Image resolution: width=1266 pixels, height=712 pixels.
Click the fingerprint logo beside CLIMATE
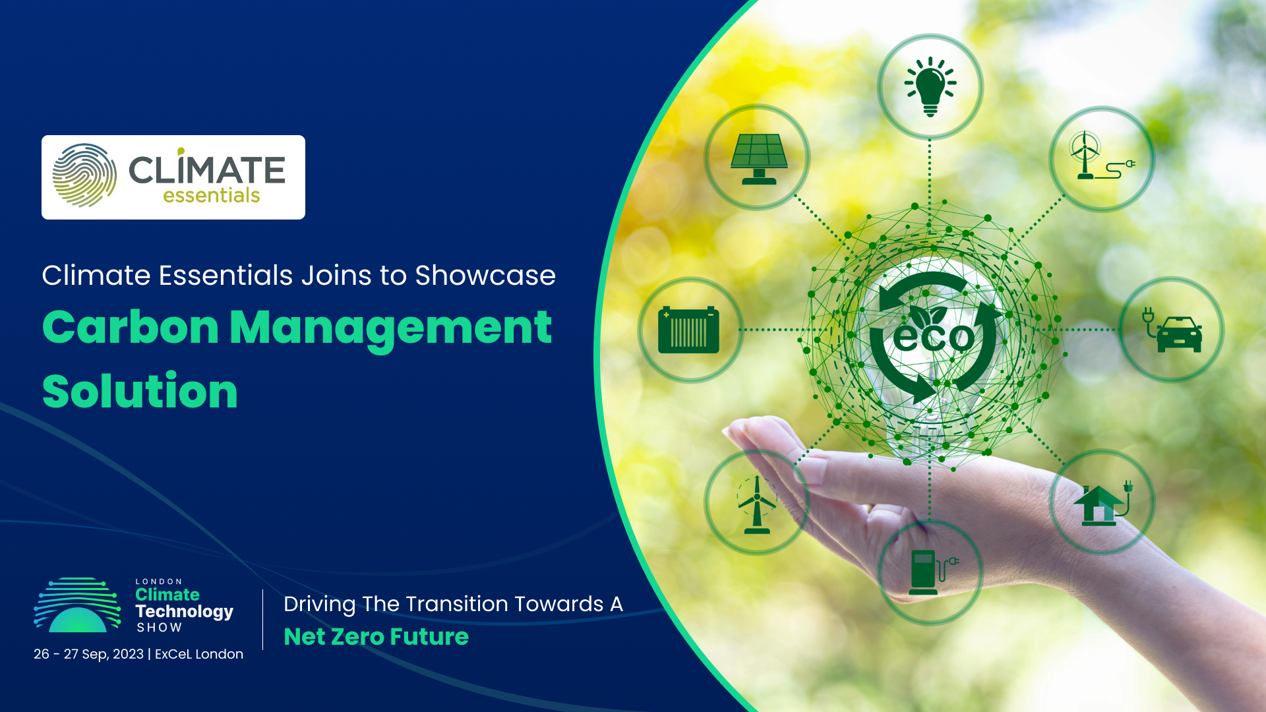[84, 175]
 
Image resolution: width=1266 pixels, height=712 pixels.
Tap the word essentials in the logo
[211, 196]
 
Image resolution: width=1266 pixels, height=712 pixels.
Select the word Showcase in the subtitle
[485, 276]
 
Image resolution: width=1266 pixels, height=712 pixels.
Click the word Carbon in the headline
[131, 328]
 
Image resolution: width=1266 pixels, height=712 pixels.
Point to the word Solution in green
[140, 392]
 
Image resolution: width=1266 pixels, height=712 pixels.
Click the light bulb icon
[930, 86]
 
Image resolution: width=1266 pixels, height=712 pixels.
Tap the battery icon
[688, 330]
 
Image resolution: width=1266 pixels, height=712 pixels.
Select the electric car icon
[1174, 330]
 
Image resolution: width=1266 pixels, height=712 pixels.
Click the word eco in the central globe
[933, 337]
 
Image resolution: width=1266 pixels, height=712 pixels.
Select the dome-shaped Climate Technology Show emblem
[78, 606]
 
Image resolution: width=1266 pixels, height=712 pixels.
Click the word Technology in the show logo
[184, 612]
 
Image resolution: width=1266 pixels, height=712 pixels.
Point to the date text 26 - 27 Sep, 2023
[88, 654]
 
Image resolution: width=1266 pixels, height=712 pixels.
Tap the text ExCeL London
[199, 654]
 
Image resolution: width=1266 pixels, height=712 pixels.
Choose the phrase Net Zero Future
[376, 637]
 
